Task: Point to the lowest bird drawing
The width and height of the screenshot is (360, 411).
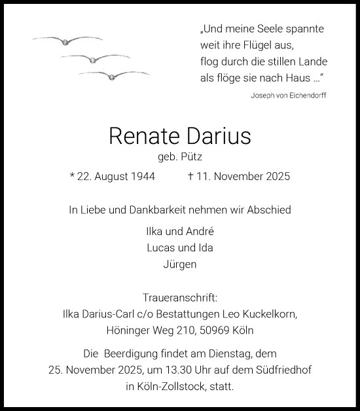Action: (x=113, y=75)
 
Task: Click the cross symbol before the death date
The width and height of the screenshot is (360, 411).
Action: (x=190, y=177)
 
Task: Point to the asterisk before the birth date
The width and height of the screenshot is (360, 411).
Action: (x=72, y=177)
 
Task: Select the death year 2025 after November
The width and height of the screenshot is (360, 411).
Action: (x=276, y=177)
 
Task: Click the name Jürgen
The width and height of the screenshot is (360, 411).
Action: (x=179, y=264)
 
